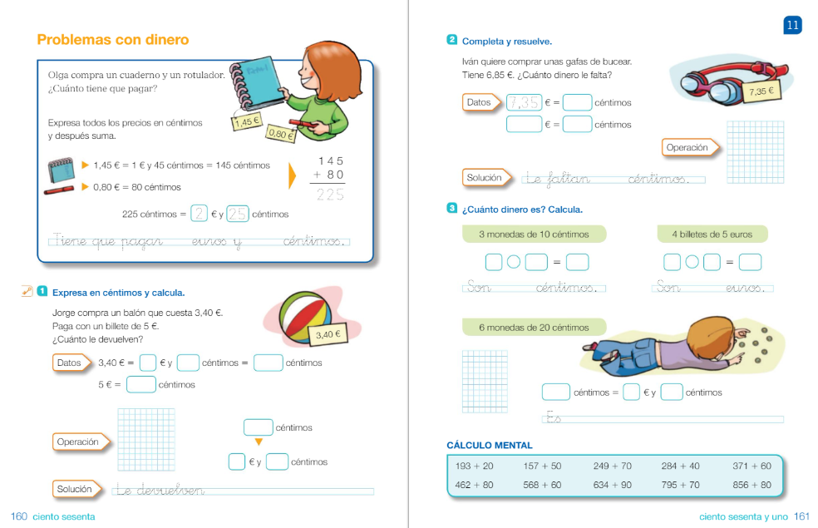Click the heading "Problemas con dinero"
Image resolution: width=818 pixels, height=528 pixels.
click(x=113, y=40)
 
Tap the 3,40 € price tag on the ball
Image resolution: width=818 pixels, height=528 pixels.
click(x=328, y=334)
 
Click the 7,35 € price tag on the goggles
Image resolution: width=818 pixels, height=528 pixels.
click(x=761, y=91)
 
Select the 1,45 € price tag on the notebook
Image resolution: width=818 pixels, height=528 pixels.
click(x=246, y=122)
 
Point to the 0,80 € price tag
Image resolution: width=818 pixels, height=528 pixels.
click(x=281, y=134)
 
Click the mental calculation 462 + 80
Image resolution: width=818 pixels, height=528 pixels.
click(x=474, y=485)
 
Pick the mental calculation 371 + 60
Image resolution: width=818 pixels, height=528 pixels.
click(x=751, y=466)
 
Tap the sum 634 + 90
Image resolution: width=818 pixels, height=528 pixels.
click(x=613, y=485)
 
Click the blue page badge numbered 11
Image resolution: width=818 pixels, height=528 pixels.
click(x=792, y=25)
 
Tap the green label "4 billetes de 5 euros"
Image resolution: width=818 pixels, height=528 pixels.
click(x=712, y=234)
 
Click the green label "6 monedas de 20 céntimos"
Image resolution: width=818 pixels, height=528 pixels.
click(x=534, y=327)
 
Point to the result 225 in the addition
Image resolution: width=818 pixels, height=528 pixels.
click(x=330, y=195)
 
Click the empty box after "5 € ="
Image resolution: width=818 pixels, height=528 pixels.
click(x=140, y=384)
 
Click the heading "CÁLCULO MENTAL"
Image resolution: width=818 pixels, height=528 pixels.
click(x=490, y=445)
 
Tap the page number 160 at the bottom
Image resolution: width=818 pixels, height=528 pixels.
click(x=19, y=516)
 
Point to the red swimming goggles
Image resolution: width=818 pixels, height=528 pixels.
click(x=731, y=82)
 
